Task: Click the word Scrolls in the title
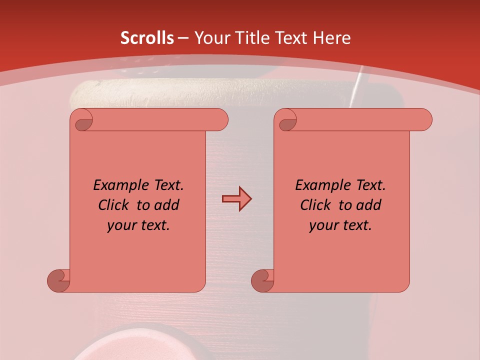point(147,38)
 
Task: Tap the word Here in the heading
point(332,38)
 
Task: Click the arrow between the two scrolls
point(236,199)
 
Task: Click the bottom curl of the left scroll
point(58,280)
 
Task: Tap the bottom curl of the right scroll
point(262,280)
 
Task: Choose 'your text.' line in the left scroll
point(138,225)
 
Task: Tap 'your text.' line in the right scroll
point(340,225)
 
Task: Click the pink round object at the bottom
point(125,348)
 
